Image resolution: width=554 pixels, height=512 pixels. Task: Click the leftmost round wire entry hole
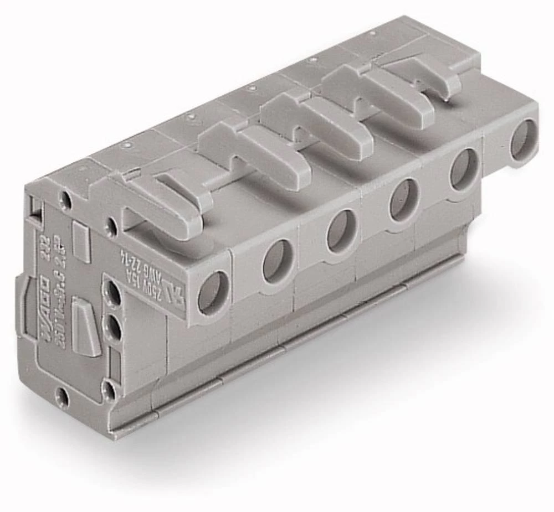tap(213, 292)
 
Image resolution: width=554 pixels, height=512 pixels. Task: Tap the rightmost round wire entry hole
tap(523, 139)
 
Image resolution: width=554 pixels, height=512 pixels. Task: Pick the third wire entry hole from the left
tap(340, 230)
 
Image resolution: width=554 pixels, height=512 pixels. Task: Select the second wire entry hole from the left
tap(277, 261)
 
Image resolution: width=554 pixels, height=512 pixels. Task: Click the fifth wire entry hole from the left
tap(464, 169)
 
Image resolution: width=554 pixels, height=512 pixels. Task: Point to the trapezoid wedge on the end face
tap(86, 326)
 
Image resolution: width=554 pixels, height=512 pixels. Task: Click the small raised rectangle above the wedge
tap(81, 243)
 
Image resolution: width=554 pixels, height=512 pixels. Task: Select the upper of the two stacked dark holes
tap(113, 293)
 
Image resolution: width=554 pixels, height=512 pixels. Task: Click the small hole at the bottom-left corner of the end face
tap(63, 396)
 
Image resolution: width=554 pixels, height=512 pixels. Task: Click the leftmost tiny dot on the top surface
tap(127, 146)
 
